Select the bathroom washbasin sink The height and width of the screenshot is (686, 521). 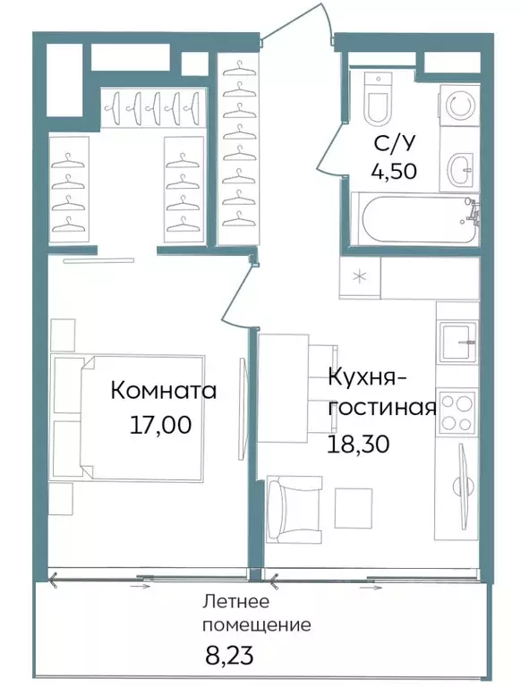point(460,167)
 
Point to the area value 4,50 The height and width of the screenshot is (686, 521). point(395,171)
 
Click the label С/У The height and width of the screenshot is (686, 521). point(395,143)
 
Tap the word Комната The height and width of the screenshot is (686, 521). point(164,392)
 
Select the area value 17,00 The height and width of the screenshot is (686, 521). point(160,426)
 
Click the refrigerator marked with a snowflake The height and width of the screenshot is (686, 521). point(360,277)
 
